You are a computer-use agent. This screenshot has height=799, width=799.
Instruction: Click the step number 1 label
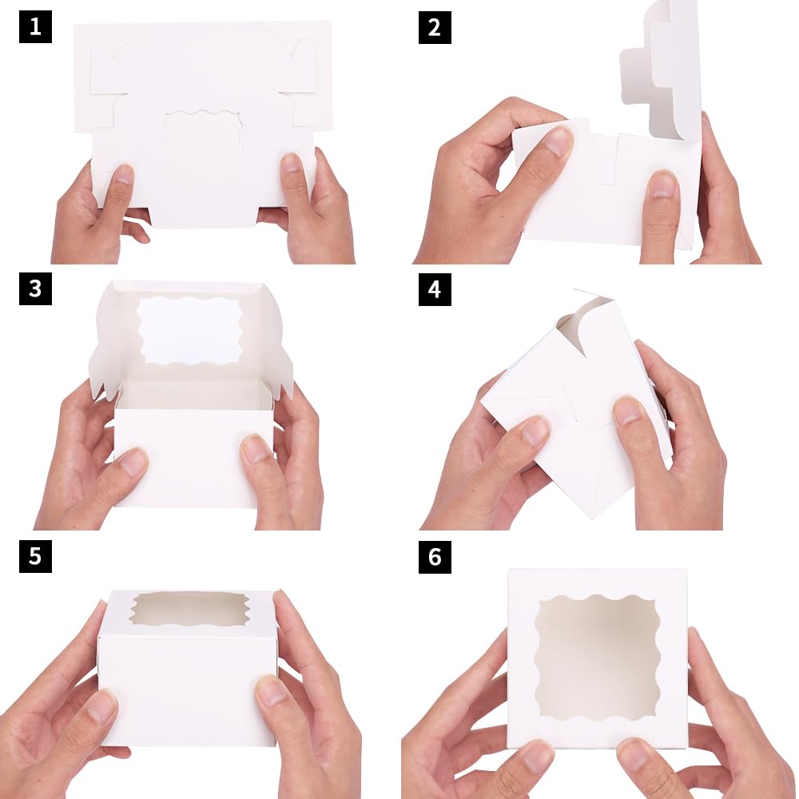[35, 27]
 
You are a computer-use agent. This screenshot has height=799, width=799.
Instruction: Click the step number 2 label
[435, 27]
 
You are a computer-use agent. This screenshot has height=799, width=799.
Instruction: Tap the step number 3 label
[35, 288]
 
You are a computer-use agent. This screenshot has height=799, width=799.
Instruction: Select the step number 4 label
[435, 288]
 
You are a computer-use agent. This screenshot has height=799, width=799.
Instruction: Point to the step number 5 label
[35, 556]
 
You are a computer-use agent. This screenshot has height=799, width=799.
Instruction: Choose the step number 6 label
[435, 556]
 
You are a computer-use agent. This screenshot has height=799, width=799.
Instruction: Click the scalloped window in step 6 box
[597, 657]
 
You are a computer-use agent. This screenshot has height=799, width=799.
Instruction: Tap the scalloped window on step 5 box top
[189, 609]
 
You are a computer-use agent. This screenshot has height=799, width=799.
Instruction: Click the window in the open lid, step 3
[189, 330]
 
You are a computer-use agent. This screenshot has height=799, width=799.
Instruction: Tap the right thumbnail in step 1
[292, 165]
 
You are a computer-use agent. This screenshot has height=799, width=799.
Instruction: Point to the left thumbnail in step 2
[557, 142]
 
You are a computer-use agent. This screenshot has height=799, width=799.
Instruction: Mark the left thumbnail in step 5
[102, 706]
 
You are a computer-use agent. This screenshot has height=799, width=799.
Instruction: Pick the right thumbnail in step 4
[630, 411]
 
